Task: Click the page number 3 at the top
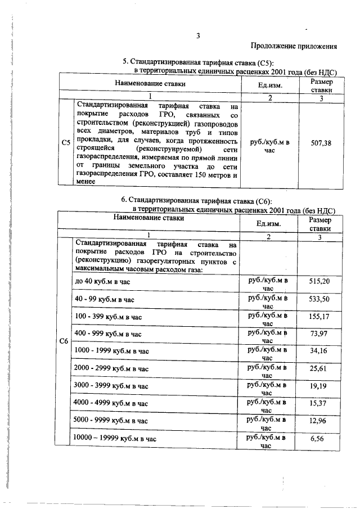click(x=197, y=37)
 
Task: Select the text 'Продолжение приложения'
click(x=293, y=46)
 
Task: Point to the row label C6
click(x=63, y=341)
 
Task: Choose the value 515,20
click(x=319, y=281)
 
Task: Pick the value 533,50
click(x=319, y=299)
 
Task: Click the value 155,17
click(x=319, y=316)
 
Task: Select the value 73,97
click(x=319, y=334)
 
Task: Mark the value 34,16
click(x=319, y=351)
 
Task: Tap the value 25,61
click(x=319, y=368)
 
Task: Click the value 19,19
click(x=319, y=386)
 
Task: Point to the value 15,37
click(x=319, y=403)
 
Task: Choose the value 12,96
click(x=319, y=420)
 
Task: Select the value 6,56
click(x=319, y=438)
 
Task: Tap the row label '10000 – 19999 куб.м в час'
click(x=115, y=439)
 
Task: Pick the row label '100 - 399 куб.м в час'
click(x=108, y=317)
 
